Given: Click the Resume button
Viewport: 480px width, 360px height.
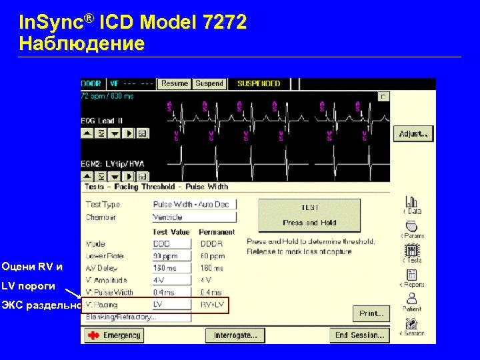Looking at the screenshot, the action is coord(175,84).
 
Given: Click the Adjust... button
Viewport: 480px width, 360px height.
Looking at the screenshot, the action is coord(413,134).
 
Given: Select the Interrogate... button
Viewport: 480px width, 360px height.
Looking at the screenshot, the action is coord(235,335).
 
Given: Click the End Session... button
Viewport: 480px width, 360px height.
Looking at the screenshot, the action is coord(359,335).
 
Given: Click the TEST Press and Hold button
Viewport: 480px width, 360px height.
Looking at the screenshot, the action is coord(309,215).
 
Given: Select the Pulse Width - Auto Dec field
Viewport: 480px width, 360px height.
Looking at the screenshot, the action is coord(193,205).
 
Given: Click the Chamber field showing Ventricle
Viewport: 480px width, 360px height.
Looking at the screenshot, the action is coord(193,217).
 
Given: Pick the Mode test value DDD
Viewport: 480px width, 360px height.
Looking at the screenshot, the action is coord(171,244).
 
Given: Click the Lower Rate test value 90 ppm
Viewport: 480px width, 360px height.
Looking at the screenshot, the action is coord(171,256).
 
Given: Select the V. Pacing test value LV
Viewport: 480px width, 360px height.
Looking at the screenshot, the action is coord(171,305).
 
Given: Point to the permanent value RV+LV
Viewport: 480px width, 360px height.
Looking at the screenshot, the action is coord(213,305).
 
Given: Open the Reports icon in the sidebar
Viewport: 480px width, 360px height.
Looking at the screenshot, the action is coord(412,278).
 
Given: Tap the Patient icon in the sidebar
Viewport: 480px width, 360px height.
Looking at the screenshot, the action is coord(412,301).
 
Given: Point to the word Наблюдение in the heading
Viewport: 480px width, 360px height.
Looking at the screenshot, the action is coord(81,44).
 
